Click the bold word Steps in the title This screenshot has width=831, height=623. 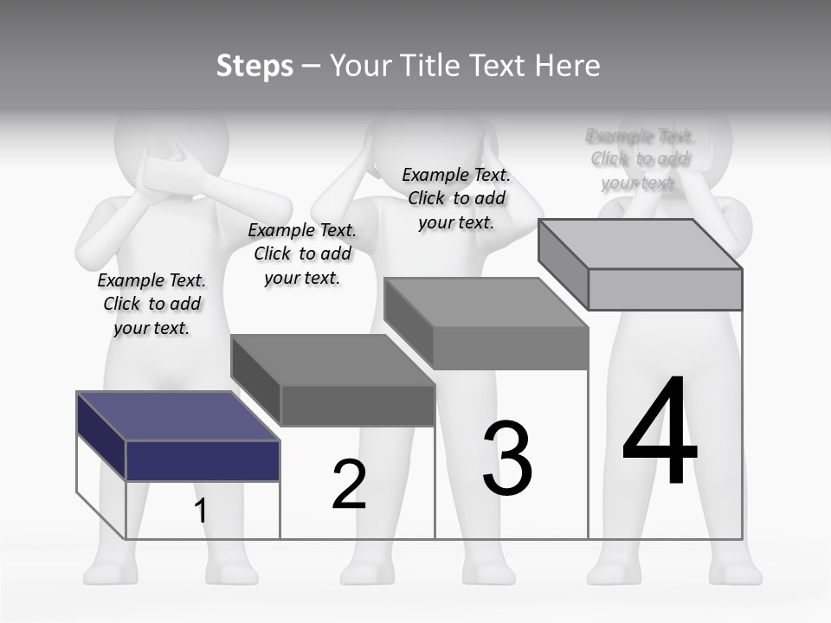tap(254, 66)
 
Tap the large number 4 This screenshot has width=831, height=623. tap(660, 433)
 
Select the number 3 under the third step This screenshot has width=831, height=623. tap(507, 459)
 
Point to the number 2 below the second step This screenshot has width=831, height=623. tap(349, 485)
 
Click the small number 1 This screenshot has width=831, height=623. tap(200, 511)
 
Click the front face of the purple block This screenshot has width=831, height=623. tap(203, 460)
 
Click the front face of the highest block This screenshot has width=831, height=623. tap(665, 289)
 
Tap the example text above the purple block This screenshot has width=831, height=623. tap(151, 304)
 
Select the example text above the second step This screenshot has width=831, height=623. tap(302, 254)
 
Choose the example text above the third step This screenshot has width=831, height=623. tap(456, 198)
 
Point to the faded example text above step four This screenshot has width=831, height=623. tap(640, 159)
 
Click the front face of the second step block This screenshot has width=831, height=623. tap(358, 405)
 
